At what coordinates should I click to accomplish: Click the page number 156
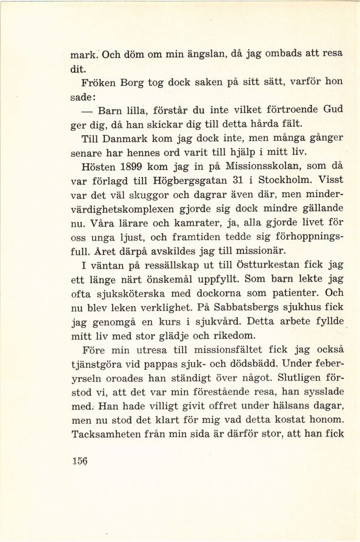click(79, 460)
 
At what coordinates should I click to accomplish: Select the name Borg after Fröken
click(126, 81)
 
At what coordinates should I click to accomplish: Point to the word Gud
click(332, 109)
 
